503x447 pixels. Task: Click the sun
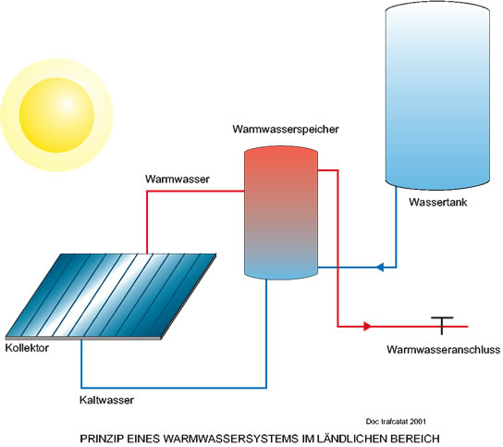tap(56, 115)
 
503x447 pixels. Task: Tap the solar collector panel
tap(111, 296)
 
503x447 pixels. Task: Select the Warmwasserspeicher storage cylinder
tap(281, 213)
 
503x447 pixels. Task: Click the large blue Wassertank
tap(437, 95)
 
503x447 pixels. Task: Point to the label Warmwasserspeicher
tap(286, 129)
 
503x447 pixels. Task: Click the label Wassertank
tap(438, 202)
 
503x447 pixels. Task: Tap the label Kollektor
tap(27, 348)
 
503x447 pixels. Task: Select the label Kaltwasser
tap(106, 400)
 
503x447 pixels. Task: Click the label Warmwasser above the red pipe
tap(178, 179)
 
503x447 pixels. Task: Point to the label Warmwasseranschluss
tap(444, 350)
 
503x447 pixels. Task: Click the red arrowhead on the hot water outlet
tap(367, 327)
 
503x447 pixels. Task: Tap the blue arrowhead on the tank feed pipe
tap(380, 267)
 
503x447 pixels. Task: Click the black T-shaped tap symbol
tap(442, 325)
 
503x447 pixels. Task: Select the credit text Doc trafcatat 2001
tap(396, 421)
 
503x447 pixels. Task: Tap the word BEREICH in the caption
tap(415, 439)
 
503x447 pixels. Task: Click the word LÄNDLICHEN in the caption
tap(350, 438)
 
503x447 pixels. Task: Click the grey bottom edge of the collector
tap(83, 338)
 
